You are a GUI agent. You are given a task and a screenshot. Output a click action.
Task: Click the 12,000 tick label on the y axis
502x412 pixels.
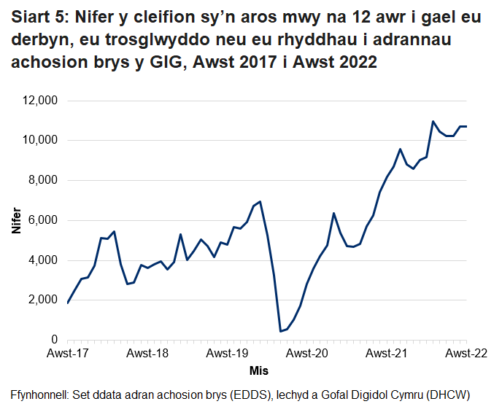pyautogui.click(x=42, y=101)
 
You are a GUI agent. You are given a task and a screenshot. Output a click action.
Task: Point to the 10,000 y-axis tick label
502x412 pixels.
pyautogui.click(x=42, y=141)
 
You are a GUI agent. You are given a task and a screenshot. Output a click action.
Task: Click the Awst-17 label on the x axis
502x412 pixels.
pyautogui.click(x=67, y=354)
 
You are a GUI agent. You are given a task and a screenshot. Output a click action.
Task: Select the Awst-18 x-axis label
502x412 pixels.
pyautogui.click(x=147, y=354)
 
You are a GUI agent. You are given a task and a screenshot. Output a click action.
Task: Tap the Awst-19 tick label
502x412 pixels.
pyautogui.click(x=227, y=354)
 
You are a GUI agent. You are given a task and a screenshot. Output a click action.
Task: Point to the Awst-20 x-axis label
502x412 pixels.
pyautogui.click(x=306, y=354)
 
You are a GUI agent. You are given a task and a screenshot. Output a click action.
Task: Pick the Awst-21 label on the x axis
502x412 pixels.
pyautogui.click(x=387, y=354)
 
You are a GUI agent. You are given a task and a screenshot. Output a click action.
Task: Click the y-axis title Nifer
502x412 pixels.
pyautogui.click(x=16, y=220)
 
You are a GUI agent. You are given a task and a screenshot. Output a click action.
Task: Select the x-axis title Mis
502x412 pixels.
pyautogui.click(x=259, y=370)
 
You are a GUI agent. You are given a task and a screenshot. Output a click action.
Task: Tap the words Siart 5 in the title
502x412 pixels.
pyautogui.click(x=39, y=18)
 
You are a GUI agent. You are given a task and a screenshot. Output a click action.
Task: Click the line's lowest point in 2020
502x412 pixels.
pyautogui.click(x=280, y=331)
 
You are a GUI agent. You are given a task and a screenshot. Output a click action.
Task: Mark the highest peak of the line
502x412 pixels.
pyautogui.click(x=433, y=121)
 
